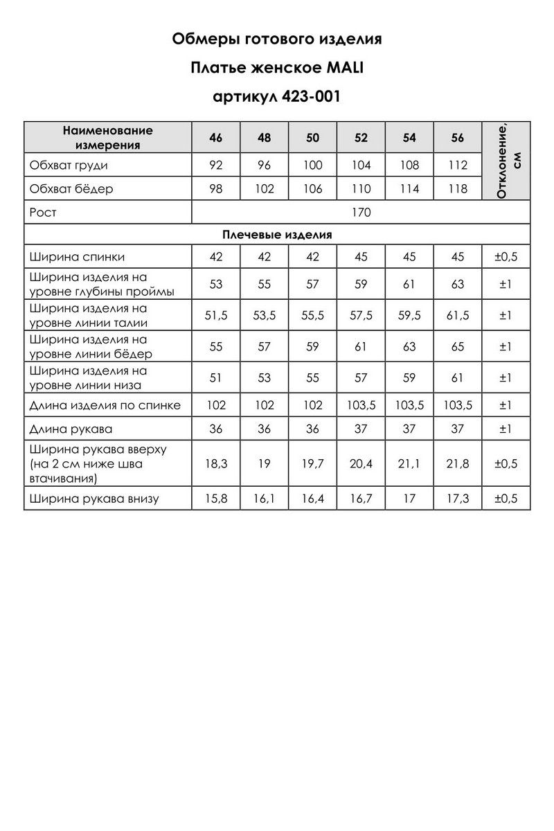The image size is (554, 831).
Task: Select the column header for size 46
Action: (x=215, y=137)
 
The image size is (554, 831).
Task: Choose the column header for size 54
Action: (x=409, y=137)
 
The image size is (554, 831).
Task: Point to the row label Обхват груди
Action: (x=69, y=166)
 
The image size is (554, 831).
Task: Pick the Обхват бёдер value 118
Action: (x=458, y=188)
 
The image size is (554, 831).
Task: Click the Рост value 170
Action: (x=361, y=213)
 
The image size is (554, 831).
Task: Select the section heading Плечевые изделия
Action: (x=277, y=235)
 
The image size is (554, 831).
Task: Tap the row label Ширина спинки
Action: (x=78, y=257)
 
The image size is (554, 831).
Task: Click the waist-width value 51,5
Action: (x=215, y=315)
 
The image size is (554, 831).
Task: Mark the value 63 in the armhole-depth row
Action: (x=458, y=284)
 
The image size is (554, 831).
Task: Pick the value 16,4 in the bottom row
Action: (x=312, y=499)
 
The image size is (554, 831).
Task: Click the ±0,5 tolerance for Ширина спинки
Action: (x=506, y=257)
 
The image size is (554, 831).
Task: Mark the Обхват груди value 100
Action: (x=312, y=166)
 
